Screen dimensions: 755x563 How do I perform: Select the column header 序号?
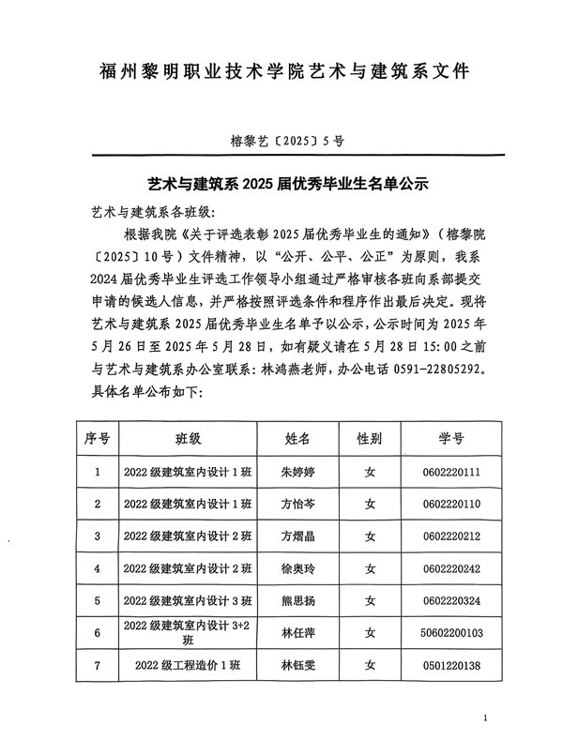point(98,438)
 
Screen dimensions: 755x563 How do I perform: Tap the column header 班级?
point(188,438)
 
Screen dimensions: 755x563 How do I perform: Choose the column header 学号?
point(450,438)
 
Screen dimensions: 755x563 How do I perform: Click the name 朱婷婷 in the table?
point(297,472)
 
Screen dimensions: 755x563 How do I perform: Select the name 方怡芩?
point(297,504)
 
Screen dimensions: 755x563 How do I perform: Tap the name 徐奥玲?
point(297,568)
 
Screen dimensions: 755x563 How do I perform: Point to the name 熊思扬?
point(297,601)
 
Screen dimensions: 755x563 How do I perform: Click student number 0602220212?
point(451,536)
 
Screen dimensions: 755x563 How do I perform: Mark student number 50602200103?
point(451,633)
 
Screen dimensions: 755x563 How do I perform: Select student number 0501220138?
point(451,665)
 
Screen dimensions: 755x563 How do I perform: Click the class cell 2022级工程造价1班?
point(188,665)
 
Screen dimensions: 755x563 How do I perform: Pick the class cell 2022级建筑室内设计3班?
point(188,601)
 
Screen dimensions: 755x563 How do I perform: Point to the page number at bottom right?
point(485,718)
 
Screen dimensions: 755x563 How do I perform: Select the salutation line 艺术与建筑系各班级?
point(155,211)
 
